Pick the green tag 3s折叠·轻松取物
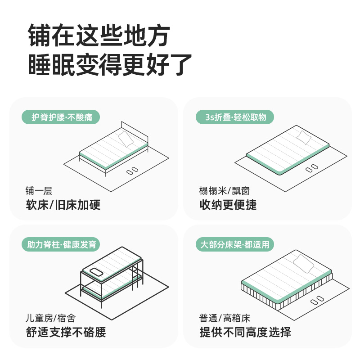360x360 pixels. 234,117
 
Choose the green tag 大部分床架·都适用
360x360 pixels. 234,245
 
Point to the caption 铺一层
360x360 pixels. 39,190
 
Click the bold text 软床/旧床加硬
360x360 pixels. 63,205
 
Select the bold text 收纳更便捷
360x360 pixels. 228,205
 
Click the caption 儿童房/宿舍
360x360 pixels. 50,318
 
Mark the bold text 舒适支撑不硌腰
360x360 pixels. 67,333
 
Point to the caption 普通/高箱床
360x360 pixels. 222,318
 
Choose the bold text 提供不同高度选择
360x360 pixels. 245,333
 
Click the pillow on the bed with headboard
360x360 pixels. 126,139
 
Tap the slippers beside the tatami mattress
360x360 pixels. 311,168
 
